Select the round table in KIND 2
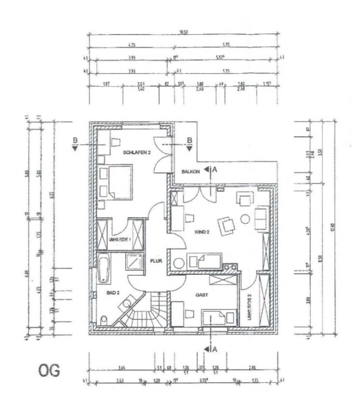tap(245, 219)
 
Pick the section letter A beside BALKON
tap(214, 169)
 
